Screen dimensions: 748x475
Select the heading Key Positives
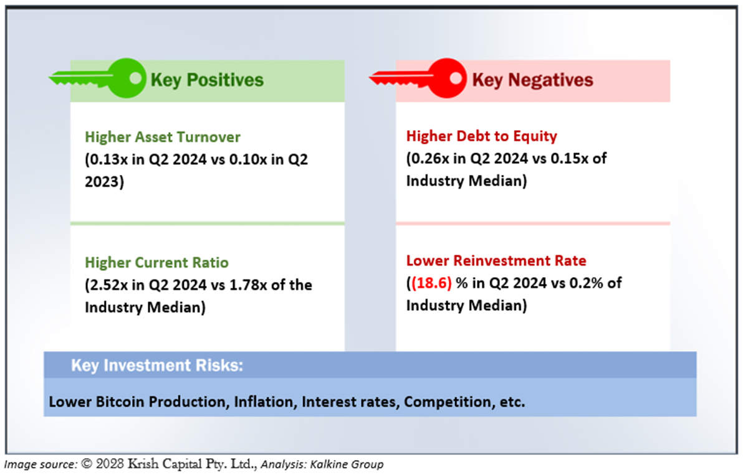207,80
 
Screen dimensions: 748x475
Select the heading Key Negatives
532,80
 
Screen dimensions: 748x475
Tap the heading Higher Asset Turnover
163,137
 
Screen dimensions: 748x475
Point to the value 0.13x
109,159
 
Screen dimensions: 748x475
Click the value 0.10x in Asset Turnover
248,159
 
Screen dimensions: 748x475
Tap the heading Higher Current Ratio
156,263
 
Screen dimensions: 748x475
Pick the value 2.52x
109,285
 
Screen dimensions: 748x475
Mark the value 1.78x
248,285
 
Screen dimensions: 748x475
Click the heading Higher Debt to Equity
481,136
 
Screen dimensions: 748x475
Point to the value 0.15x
569,159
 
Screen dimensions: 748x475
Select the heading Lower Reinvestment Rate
496,260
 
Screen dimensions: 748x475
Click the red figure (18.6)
432,283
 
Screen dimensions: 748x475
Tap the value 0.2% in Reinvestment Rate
586,283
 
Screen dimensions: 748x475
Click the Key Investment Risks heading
157,365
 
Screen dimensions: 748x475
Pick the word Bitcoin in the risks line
120,402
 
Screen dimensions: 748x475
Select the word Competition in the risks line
448,402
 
